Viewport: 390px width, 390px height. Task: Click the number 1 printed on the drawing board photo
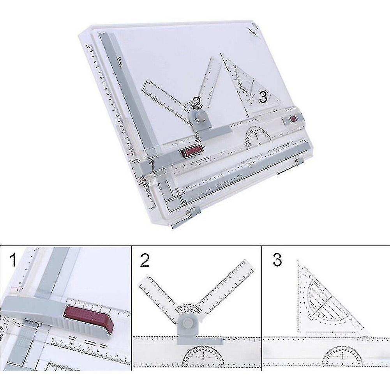[x=152, y=166]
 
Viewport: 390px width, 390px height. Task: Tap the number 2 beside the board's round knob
[x=197, y=103]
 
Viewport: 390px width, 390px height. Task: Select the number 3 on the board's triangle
[x=263, y=97]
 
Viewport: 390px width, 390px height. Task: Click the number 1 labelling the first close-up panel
[x=14, y=260]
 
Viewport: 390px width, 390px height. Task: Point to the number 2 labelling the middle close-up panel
[x=145, y=260]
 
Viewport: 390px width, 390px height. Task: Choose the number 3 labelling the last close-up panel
[x=277, y=260]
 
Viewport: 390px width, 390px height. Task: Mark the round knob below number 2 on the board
[x=200, y=116]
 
